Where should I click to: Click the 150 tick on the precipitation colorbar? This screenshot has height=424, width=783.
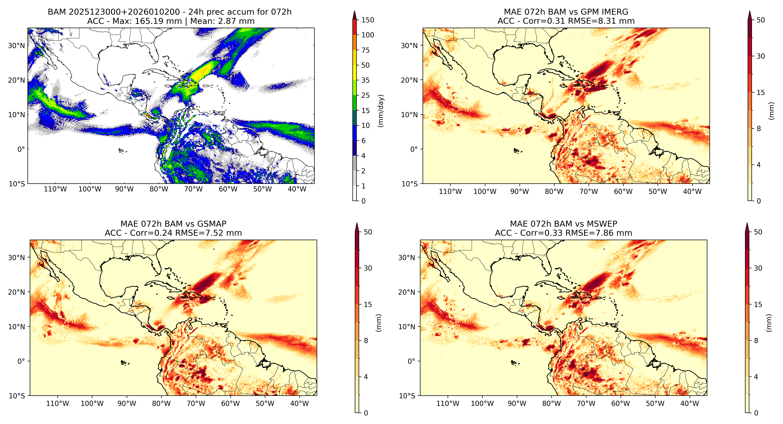(367, 20)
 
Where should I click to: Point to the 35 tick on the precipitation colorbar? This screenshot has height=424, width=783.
(365, 80)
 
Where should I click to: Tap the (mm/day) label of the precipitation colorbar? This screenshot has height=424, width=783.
(380, 111)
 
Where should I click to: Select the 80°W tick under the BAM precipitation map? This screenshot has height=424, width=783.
(159, 189)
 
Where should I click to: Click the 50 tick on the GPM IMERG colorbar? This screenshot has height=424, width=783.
(760, 20)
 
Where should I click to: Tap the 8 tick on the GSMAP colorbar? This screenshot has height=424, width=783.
(366, 341)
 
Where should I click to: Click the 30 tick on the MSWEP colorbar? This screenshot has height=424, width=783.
(758, 268)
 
